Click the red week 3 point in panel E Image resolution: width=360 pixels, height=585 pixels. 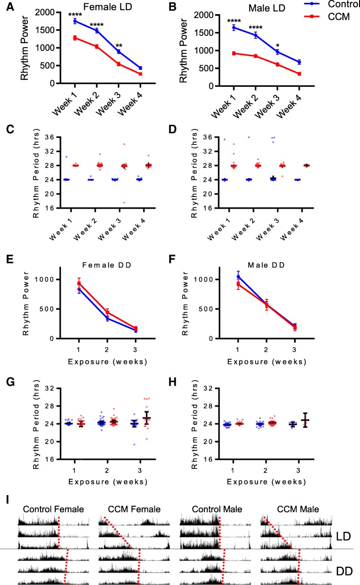(134, 328)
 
